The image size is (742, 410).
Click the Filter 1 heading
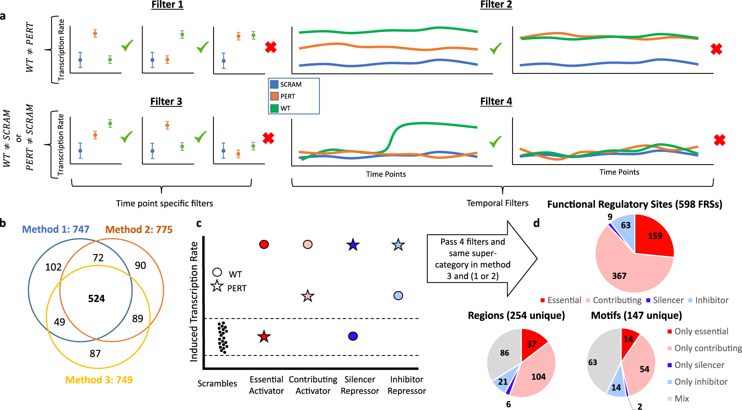pos(167,5)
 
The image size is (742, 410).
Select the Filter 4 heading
pos(496,101)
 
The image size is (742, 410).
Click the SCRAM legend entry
pos(290,85)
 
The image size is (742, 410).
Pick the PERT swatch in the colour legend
pos(274,96)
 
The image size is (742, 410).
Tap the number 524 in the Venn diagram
pos(96,298)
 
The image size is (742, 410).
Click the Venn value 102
pos(53,267)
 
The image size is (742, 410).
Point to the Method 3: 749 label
pos(99,380)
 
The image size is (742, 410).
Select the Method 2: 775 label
pos(139,229)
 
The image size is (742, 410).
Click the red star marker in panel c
pos(264,337)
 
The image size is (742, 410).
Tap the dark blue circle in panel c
pos(353,336)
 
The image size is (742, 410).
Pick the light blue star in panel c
pos(398,245)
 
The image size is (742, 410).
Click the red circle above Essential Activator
pos(264,244)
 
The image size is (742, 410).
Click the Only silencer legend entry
pos(699,365)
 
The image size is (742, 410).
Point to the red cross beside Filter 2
pos(716,49)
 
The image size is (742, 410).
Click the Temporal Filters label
pos(497,203)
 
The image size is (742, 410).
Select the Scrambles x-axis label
pos(217,384)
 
